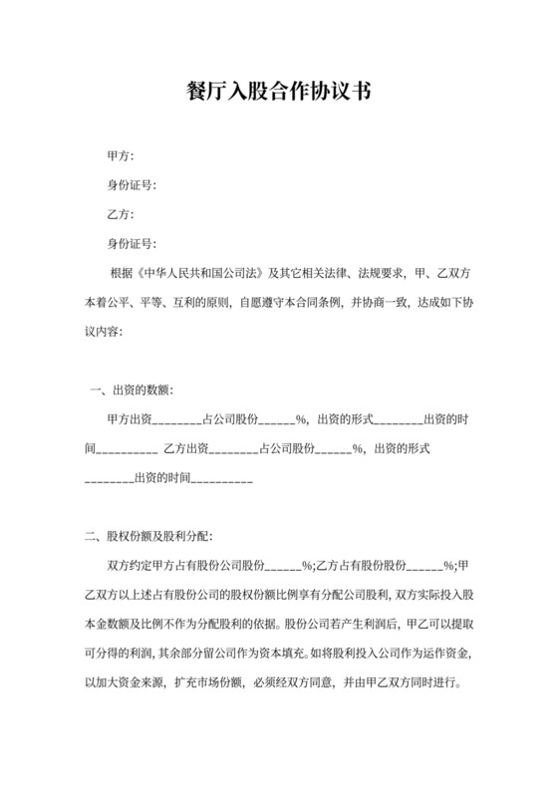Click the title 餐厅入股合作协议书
click(x=278, y=94)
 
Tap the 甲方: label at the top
click(x=121, y=156)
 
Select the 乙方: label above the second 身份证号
click(x=121, y=214)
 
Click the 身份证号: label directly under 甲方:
click(x=132, y=185)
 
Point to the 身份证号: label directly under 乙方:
click(x=132, y=243)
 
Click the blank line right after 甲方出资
click(x=177, y=418)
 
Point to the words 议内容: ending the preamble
click(x=105, y=330)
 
